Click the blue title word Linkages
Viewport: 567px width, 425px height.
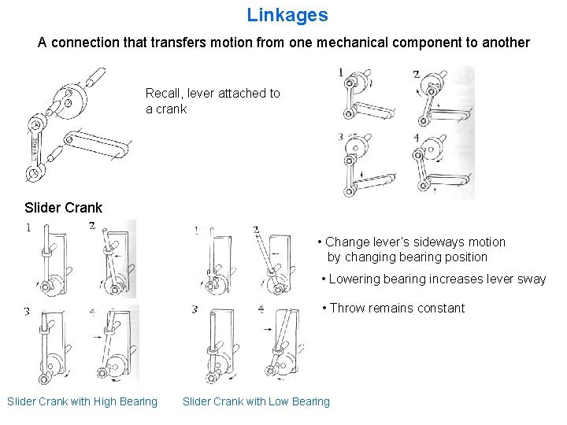pyautogui.click(x=287, y=15)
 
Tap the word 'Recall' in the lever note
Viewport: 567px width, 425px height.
pyautogui.click(x=164, y=94)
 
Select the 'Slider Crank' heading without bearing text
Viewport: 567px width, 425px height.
pyautogui.click(x=63, y=208)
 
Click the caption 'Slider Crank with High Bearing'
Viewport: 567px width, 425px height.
pyautogui.click(x=82, y=402)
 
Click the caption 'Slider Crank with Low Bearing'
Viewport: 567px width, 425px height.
pyautogui.click(x=256, y=402)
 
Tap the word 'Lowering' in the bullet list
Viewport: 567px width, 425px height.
pyautogui.click(x=354, y=279)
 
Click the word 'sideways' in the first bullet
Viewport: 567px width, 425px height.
pyautogui.click(x=424, y=242)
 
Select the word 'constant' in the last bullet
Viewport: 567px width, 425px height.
pyautogui.click(x=440, y=309)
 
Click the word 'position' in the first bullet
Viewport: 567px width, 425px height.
pyautogui.click(x=465, y=257)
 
